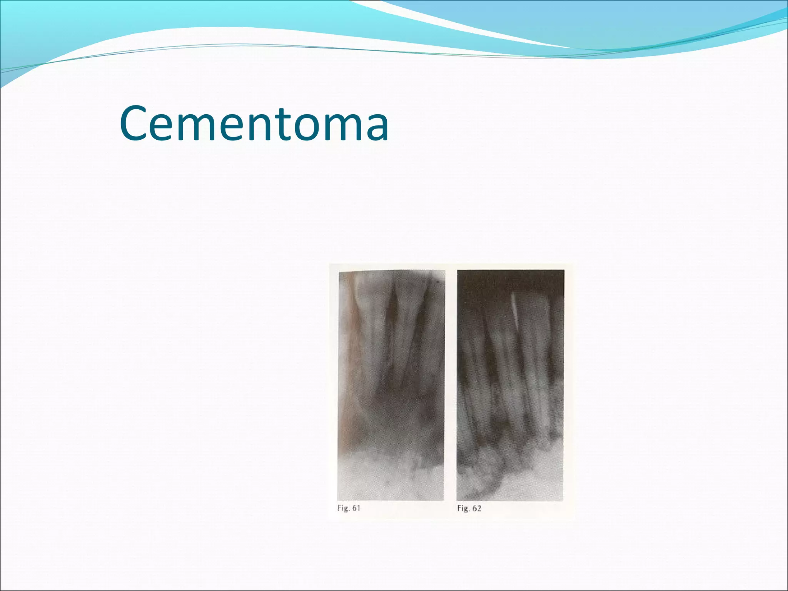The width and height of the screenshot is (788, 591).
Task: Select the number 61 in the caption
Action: (356, 508)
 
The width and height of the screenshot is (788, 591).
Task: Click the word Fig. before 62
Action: (463, 508)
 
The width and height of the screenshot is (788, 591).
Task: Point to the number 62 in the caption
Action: (477, 508)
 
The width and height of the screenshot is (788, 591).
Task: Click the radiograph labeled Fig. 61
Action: (391, 385)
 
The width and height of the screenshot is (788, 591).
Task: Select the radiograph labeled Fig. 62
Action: (510, 385)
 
